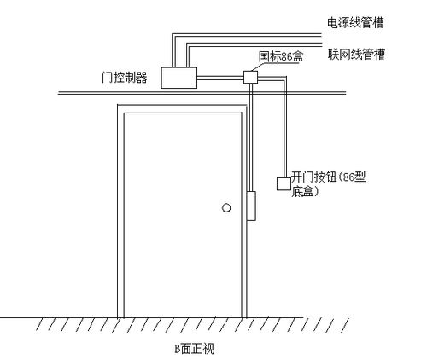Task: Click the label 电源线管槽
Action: click(x=355, y=23)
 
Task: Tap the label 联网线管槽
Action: click(x=356, y=54)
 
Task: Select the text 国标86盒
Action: click(x=281, y=56)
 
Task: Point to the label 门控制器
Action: click(x=125, y=77)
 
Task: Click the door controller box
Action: click(x=179, y=78)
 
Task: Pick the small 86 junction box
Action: click(x=250, y=77)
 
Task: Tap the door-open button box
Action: click(x=284, y=183)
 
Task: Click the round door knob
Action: click(x=226, y=208)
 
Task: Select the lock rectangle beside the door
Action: click(x=251, y=206)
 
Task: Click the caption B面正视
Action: click(x=194, y=349)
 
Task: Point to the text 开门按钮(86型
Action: click(x=328, y=177)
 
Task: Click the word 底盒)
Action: click(x=304, y=191)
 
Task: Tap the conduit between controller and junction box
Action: click(x=220, y=78)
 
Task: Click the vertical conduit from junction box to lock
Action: click(x=251, y=137)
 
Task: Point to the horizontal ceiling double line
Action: click(x=202, y=93)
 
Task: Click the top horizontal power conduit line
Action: click(x=247, y=34)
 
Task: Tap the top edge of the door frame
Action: click(x=182, y=105)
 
